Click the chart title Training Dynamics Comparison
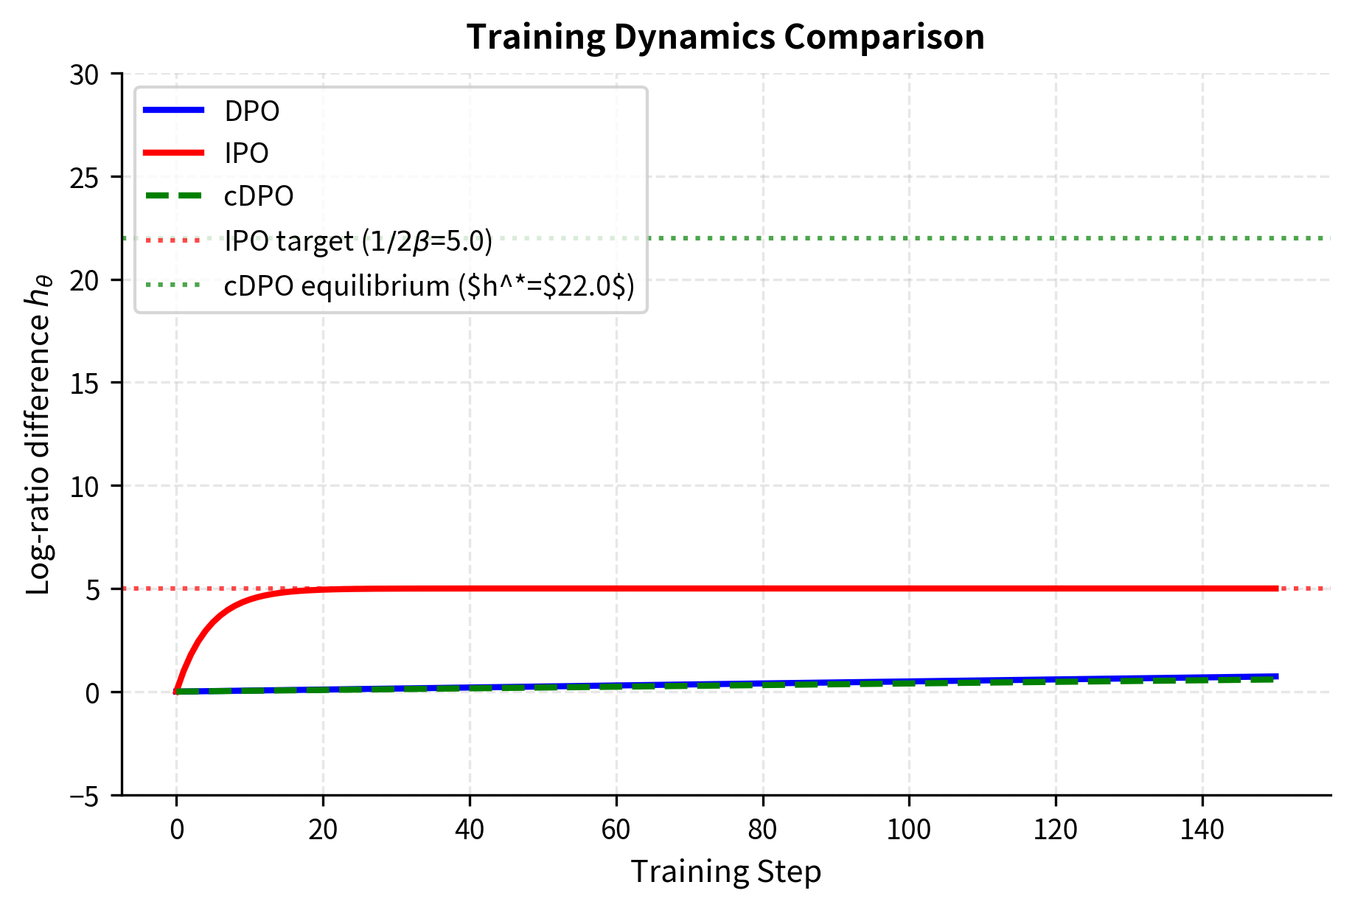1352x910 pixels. [725, 37]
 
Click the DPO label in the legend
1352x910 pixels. [251, 111]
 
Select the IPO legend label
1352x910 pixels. [246, 153]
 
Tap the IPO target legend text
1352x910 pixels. [358, 241]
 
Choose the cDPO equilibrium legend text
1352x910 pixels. [429, 285]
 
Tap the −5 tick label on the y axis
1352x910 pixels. [86, 796]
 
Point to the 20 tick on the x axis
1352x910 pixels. [323, 830]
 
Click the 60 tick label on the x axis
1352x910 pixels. [616, 830]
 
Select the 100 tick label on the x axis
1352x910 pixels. [908, 830]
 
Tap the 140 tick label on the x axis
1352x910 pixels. [1202, 830]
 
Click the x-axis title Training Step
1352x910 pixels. [725, 872]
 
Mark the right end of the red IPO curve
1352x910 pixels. [1277, 588]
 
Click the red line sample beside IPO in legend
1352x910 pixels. [173, 153]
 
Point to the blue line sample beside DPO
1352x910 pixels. [173, 111]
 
